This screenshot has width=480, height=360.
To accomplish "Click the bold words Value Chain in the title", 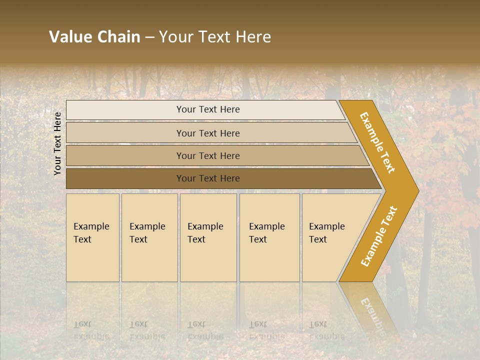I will (x=94, y=37).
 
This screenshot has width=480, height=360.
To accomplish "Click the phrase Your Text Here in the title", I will (x=215, y=37).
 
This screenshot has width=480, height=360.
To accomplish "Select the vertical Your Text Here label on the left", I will (x=57, y=143).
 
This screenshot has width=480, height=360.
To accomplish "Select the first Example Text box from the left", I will (x=92, y=237).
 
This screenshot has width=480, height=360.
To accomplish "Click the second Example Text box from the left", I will (x=149, y=237).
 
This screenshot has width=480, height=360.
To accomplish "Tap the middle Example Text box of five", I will (x=208, y=237).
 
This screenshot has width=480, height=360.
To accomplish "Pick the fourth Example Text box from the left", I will (x=269, y=237).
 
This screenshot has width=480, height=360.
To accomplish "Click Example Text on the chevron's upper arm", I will (x=377, y=142).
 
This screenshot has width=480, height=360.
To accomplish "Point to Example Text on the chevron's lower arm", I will (x=378, y=236).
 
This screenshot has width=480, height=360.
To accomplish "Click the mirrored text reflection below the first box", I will (x=91, y=330).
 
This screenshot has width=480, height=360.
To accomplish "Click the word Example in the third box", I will (x=205, y=226).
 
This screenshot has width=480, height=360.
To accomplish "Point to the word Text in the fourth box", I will (x=258, y=239).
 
